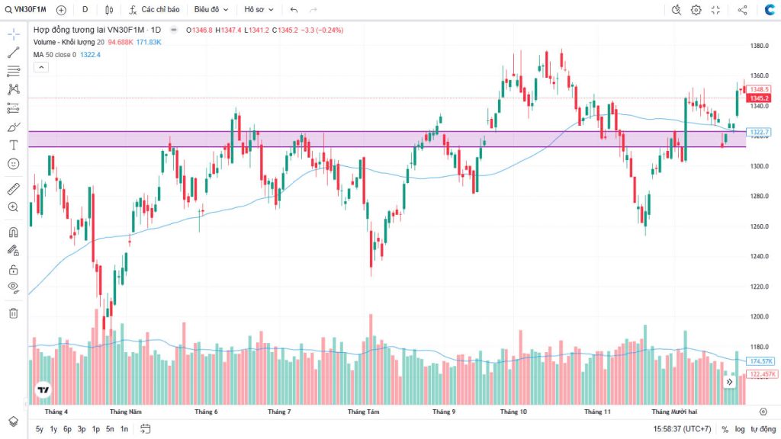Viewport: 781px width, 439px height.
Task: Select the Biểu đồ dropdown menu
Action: (x=211, y=10)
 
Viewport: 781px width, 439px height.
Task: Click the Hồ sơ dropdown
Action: (x=258, y=10)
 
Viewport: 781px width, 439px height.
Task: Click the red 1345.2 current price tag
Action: (x=758, y=98)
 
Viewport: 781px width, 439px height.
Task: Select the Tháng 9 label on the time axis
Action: (x=443, y=412)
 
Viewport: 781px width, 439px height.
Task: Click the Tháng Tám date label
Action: (x=364, y=412)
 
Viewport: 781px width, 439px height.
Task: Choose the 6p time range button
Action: (x=67, y=429)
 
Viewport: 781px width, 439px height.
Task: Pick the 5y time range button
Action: (x=40, y=429)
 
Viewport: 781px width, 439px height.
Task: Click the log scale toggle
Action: (x=740, y=429)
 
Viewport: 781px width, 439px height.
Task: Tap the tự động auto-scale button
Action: (x=763, y=429)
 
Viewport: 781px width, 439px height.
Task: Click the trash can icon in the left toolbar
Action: (x=14, y=312)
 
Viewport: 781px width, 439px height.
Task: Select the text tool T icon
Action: (x=14, y=145)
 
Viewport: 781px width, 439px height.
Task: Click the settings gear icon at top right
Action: (x=696, y=10)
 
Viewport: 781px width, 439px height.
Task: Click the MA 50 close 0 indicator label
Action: (x=55, y=55)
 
